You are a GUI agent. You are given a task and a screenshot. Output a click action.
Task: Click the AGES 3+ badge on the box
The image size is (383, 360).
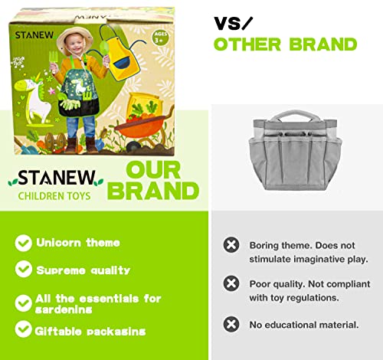[160, 38]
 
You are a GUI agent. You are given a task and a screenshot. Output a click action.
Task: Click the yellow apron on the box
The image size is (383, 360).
[122, 55]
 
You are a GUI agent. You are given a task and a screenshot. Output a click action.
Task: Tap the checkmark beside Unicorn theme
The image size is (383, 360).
[23, 243]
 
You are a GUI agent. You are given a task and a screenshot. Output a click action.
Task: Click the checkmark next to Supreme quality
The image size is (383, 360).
[23, 269]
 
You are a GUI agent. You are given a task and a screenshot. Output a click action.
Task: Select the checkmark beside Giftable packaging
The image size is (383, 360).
[23, 329]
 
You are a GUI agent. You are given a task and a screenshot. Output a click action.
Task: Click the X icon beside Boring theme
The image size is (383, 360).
[231, 245]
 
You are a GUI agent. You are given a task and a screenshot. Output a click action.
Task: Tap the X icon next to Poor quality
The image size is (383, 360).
[231, 283]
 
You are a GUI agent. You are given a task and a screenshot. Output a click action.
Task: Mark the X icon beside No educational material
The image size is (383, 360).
[231, 324]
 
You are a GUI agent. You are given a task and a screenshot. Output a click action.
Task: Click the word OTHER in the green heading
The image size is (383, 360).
[247, 44]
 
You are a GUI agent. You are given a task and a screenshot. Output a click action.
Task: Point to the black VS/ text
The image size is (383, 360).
[233, 23]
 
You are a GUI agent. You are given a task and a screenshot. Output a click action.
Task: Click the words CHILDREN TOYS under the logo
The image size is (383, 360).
[54, 196]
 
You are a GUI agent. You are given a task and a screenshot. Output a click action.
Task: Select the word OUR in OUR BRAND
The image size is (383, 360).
[153, 170]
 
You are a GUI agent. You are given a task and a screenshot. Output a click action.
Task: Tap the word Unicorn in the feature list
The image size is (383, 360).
[58, 243]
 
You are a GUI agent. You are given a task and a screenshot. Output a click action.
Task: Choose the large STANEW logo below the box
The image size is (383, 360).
[56, 178]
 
